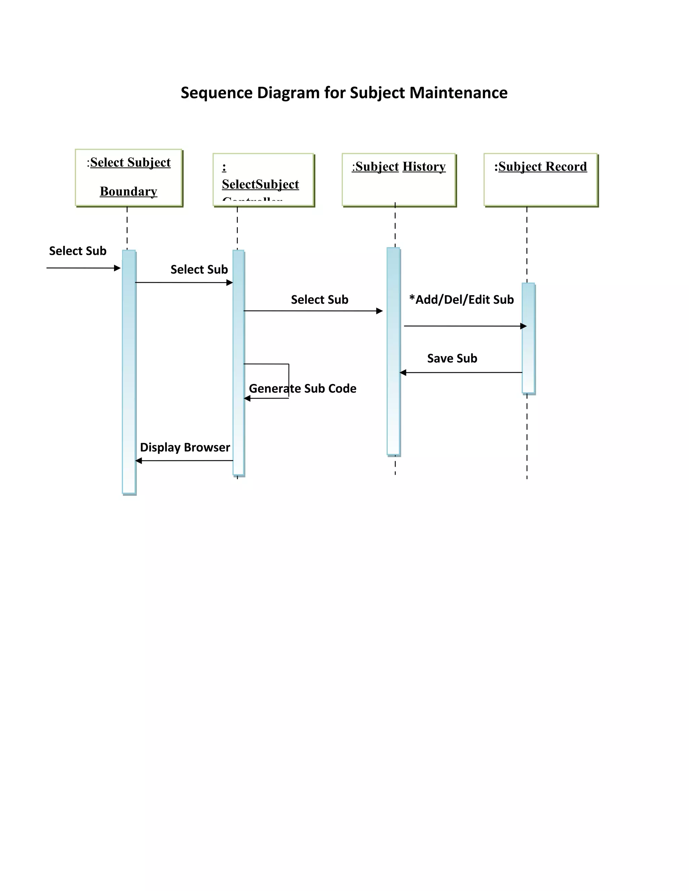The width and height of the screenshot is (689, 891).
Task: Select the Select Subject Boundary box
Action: [129, 178]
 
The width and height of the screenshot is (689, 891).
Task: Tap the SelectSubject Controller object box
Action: [263, 180]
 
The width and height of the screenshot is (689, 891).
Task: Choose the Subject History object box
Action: [398, 180]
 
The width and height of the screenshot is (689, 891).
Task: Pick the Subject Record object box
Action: [540, 180]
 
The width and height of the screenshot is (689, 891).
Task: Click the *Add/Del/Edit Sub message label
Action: [461, 300]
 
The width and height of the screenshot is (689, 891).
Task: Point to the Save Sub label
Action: [452, 358]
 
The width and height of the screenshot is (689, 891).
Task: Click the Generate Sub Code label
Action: [302, 388]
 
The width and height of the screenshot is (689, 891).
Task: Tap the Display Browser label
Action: [185, 447]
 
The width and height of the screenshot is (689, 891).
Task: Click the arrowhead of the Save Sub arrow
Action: [403, 373]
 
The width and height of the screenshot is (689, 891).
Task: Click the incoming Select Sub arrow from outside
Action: [82, 268]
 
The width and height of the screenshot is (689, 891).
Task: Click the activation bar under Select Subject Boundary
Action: [129, 371]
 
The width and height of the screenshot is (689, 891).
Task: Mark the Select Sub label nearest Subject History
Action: [320, 300]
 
